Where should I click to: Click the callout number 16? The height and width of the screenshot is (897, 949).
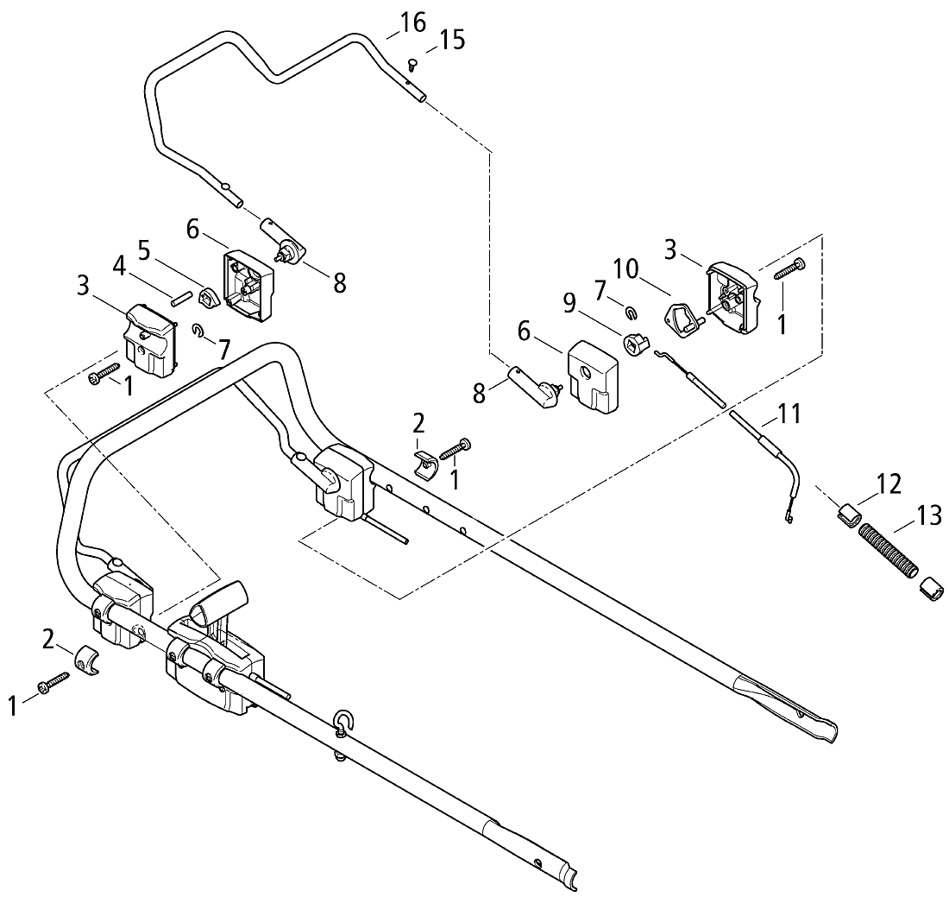[x=413, y=22]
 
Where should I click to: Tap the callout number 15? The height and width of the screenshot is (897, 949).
[x=452, y=40]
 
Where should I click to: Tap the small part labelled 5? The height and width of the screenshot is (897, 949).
[x=208, y=299]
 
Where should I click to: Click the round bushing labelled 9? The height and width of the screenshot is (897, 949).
[x=638, y=344]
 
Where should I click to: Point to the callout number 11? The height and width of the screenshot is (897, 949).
[x=789, y=414]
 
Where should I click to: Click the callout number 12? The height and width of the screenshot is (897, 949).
[x=889, y=483]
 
